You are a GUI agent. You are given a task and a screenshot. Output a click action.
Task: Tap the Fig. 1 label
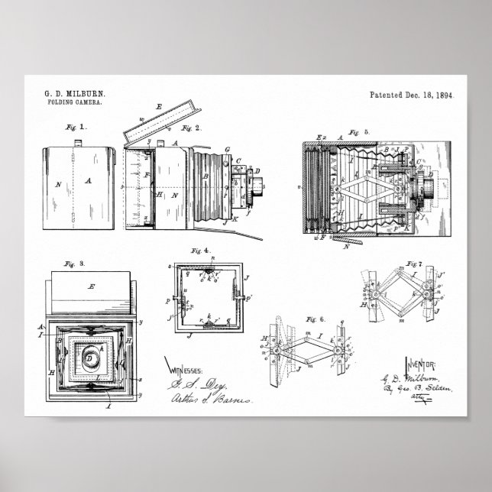[76, 125]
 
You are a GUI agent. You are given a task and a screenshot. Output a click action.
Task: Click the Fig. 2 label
[192, 128]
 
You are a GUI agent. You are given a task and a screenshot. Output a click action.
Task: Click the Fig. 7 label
[416, 264]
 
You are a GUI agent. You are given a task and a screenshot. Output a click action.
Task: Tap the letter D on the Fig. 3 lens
[90, 357]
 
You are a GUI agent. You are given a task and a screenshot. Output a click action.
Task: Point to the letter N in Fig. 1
[57, 183]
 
